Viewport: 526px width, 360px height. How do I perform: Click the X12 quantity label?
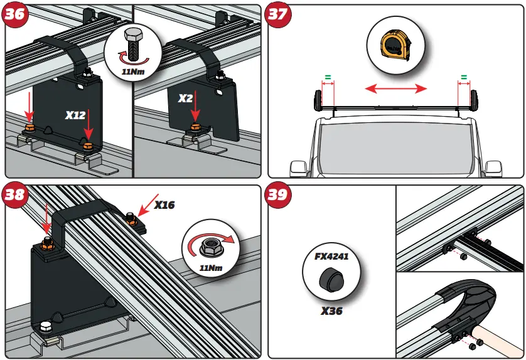[x=75, y=115]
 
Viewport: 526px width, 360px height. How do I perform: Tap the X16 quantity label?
[x=166, y=204]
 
